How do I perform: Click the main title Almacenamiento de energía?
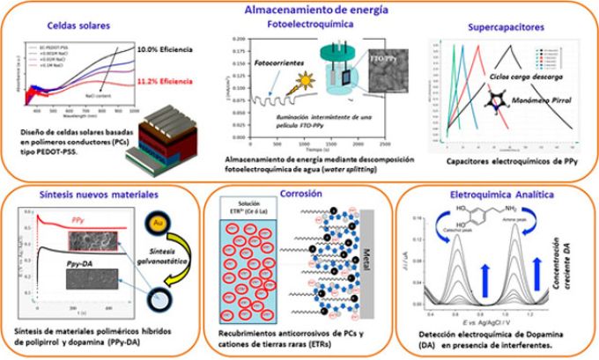(299, 10)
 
